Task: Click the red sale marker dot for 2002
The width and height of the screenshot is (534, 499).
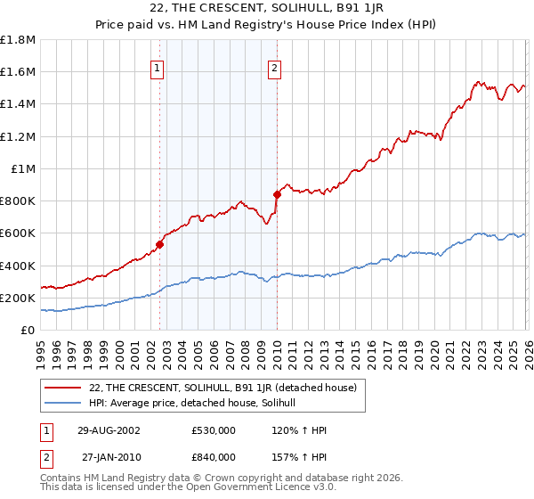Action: click(x=160, y=244)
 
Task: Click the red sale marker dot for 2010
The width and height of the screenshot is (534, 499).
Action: click(x=277, y=194)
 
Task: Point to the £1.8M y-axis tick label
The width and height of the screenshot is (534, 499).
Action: click(x=18, y=39)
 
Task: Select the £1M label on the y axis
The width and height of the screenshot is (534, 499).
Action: click(x=23, y=168)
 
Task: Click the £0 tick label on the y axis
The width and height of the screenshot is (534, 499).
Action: click(x=28, y=330)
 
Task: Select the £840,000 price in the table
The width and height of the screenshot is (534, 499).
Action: click(x=214, y=456)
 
